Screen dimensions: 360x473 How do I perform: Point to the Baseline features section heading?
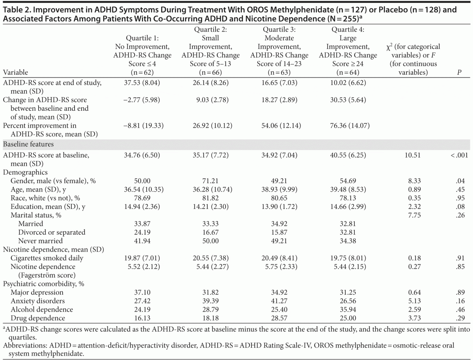[28, 145]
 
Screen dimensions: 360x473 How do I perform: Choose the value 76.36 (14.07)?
[342, 126]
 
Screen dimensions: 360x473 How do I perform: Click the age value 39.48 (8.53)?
[342, 189]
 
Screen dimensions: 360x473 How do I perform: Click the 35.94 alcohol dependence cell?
[342, 309]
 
